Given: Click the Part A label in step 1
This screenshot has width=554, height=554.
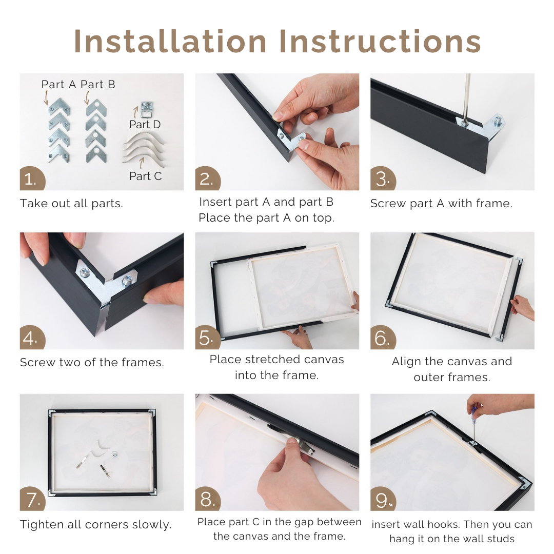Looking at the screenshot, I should pyautogui.click(x=60, y=85).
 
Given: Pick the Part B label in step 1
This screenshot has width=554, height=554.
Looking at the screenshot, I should pyautogui.click(x=98, y=85).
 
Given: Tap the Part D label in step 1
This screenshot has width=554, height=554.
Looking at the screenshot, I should pyautogui.click(x=145, y=125).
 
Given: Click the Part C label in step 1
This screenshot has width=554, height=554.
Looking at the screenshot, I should pyautogui.click(x=145, y=176).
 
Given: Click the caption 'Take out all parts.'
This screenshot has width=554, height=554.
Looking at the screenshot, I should pyautogui.click(x=71, y=204).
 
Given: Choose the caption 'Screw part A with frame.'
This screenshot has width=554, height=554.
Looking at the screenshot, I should pyautogui.click(x=441, y=204).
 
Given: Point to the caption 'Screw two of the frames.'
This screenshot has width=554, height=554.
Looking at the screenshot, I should pyautogui.click(x=92, y=363).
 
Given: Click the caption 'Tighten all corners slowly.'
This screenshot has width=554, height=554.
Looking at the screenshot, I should pyautogui.click(x=95, y=525).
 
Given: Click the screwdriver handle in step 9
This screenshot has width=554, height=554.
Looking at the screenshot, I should pyautogui.click(x=476, y=411).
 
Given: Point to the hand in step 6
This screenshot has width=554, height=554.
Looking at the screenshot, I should pyautogui.click(x=522, y=307).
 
